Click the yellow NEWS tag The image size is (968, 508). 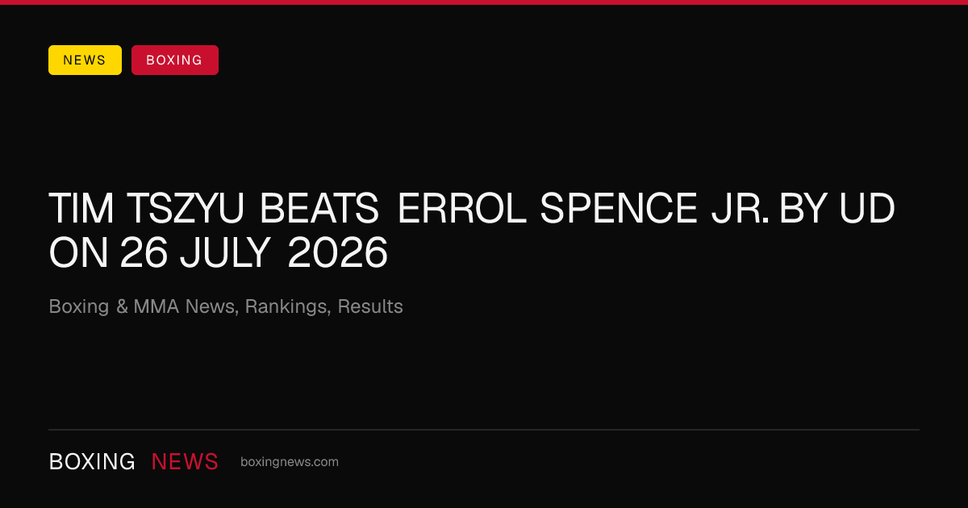tap(85, 60)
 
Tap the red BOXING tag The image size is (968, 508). tap(175, 60)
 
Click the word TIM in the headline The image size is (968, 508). tap(81, 209)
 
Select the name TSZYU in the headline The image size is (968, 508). tap(186, 209)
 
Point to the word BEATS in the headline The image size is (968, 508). tap(319, 209)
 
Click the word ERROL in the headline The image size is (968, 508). tap(461, 209)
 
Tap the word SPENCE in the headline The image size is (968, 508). tap(619, 209)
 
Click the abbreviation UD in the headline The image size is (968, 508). tap(867, 209)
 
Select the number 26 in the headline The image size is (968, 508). tap(144, 252)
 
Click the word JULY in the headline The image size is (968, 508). tap(225, 252)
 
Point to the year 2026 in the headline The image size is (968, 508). tap(337, 252)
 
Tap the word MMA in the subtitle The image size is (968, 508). tap(156, 306)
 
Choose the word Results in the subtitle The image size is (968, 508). tap(370, 306)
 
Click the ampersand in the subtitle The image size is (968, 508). tap(122, 306)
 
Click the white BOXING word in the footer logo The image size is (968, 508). tap(92, 461)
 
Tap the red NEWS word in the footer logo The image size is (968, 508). tap(185, 461)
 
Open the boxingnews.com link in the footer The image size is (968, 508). tap(290, 462)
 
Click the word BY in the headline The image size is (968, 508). tap(803, 209)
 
